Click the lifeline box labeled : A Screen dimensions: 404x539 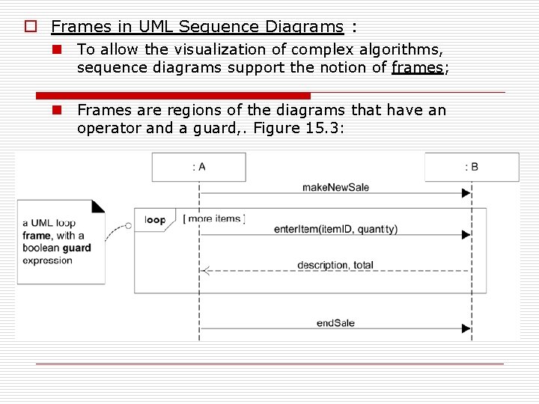[198, 167]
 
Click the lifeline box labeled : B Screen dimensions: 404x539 [472, 167]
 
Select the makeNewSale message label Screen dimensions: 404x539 [335, 187]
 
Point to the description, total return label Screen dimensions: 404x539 [335, 265]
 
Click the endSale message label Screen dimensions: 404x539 [335, 323]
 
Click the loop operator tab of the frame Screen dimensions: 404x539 [155, 220]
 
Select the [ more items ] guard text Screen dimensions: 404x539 [214, 218]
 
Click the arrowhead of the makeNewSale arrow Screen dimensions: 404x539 [466, 193]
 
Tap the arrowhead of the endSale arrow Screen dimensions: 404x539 [466, 328]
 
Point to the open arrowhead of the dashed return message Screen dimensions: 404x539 [206, 271]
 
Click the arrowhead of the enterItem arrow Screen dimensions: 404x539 [466, 235]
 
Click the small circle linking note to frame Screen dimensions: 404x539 [128, 225]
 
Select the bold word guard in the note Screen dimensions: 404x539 [77, 248]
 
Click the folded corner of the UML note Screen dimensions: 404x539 [97, 206]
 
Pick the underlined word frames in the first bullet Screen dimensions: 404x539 [417, 67]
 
